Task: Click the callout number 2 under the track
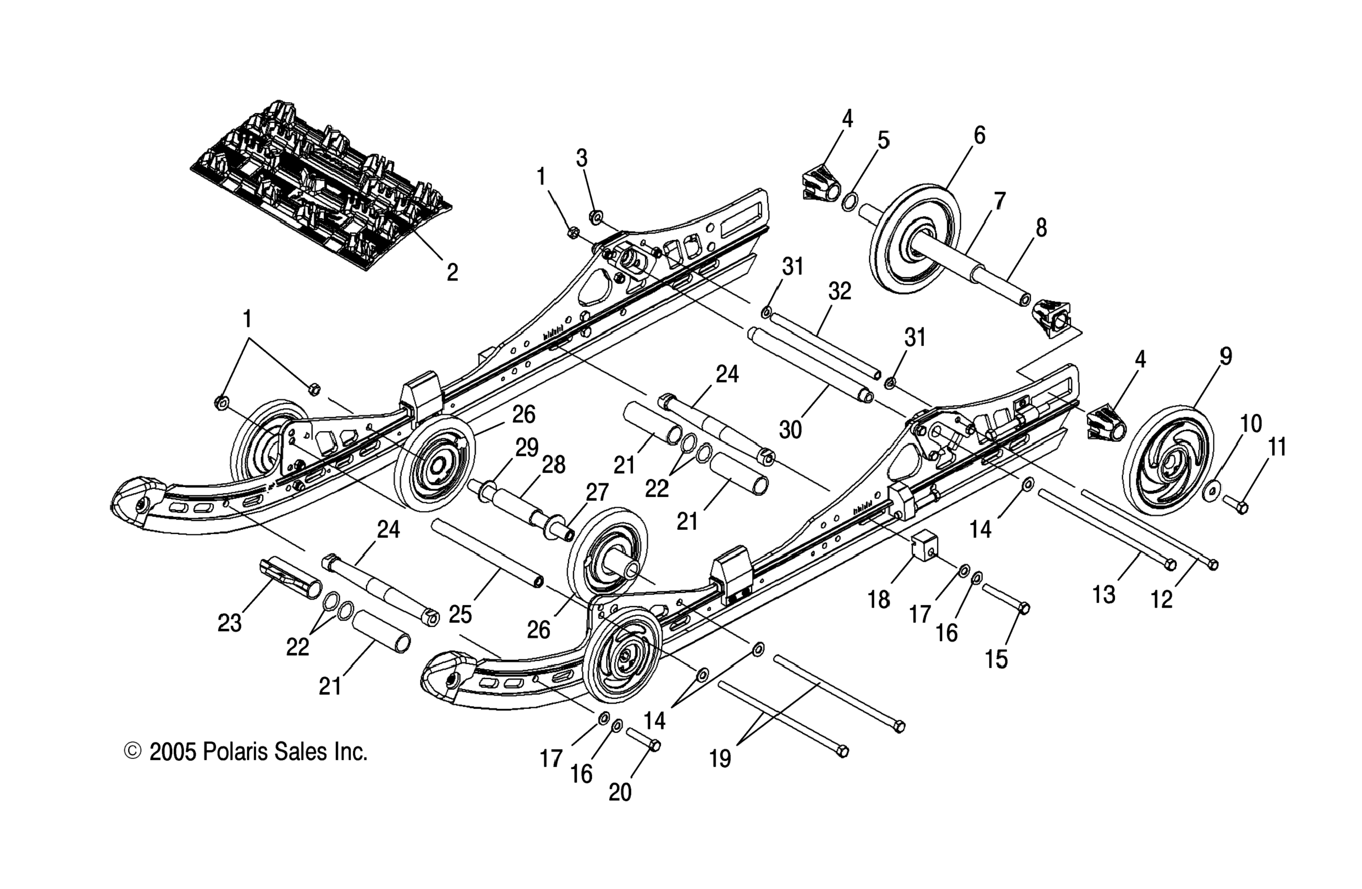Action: coord(452,273)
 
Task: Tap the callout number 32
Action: coord(840,292)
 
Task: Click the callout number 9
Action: coord(1225,357)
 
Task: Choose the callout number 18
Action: coord(878,600)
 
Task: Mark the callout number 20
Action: coord(620,792)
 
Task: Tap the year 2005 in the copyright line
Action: coord(172,752)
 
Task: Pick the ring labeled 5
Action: coord(850,202)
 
